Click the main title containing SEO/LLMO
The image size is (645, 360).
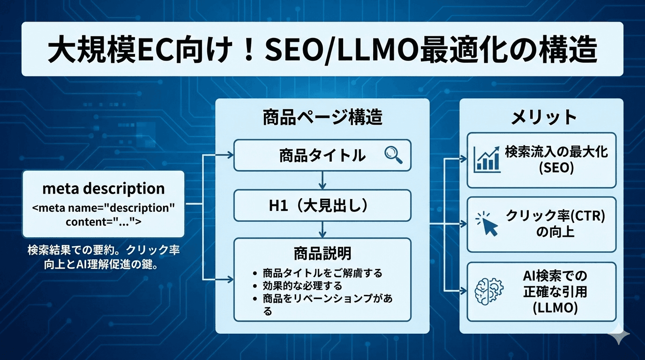pyautogui.click(x=322, y=50)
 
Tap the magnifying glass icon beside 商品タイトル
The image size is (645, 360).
pyautogui.click(x=393, y=155)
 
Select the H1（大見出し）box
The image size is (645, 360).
pyautogui.click(x=322, y=205)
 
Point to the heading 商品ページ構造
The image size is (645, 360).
pyautogui.click(x=322, y=117)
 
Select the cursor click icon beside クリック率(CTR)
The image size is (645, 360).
pyautogui.click(x=487, y=224)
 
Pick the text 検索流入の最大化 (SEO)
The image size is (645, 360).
pyautogui.click(x=556, y=160)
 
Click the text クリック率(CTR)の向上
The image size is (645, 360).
pyautogui.click(x=555, y=224)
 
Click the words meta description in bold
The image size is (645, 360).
pyautogui.click(x=104, y=188)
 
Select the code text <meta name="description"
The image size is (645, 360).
pyautogui.click(x=104, y=208)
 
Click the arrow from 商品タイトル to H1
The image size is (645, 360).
pyautogui.click(x=322, y=180)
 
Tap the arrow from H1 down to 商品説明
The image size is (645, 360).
pyautogui.click(x=322, y=229)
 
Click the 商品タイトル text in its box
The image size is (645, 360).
pyautogui.click(x=322, y=155)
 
